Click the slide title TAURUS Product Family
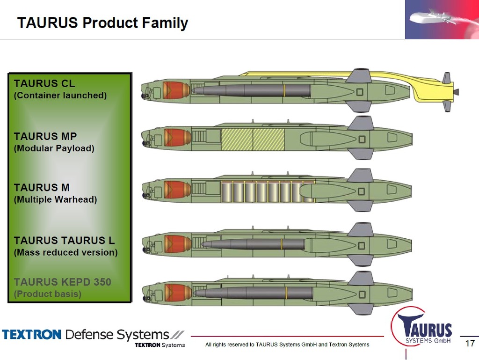tap(102, 23)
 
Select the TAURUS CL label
tap(44, 84)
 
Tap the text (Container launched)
tap(60, 96)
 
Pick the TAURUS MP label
tap(45, 137)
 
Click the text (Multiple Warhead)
tap(56, 199)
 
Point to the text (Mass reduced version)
tap(65, 252)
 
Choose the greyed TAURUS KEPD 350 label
tap(63, 282)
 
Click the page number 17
tap(470, 344)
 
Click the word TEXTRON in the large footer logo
tap(32, 335)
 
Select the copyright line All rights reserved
tap(287, 345)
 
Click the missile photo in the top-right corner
tap(442, 19)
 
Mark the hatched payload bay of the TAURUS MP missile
tap(253, 140)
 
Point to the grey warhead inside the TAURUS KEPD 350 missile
tap(253, 293)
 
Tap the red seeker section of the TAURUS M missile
tap(177, 191)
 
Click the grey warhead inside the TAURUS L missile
tap(253, 244)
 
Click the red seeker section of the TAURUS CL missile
tap(177, 90)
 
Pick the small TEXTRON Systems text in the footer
tap(160, 345)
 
